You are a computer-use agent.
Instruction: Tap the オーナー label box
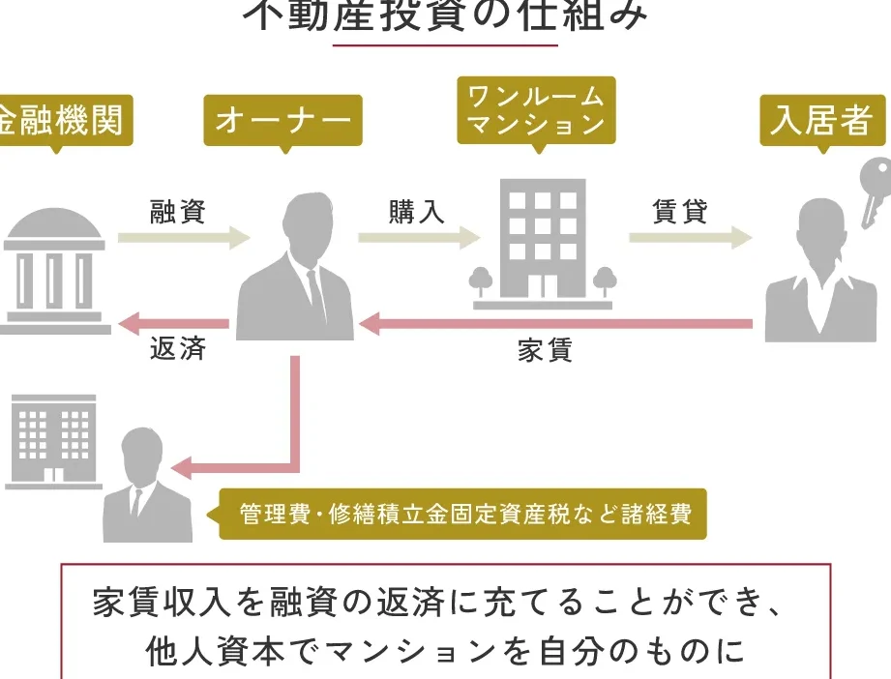(x=282, y=121)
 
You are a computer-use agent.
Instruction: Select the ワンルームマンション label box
(x=535, y=110)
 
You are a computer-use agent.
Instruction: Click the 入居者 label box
(x=822, y=121)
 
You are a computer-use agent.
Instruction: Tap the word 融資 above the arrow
(x=177, y=211)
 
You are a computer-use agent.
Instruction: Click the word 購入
(x=417, y=211)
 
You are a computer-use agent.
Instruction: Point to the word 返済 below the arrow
(x=177, y=349)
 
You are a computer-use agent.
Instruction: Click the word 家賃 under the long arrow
(x=545, y=350)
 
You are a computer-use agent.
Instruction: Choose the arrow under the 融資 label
(x=184, y=237)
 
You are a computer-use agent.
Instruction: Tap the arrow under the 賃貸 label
(x=690, y=237)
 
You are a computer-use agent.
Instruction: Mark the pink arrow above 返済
(x=174, y=323)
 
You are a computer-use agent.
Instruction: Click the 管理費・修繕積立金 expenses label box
(x=462, y=514)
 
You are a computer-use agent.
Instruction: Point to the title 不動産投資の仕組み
(x=446, y=16)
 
